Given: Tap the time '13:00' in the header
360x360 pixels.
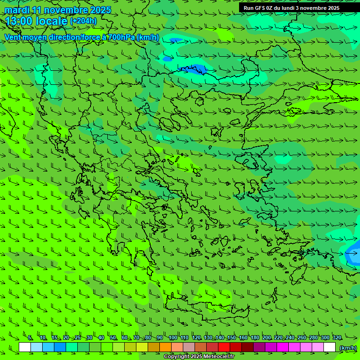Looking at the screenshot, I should point(19,21).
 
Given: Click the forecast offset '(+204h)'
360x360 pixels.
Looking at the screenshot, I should point(83,21).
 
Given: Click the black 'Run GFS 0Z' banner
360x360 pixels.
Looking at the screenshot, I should point(291,8).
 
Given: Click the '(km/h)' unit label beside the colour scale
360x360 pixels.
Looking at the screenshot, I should point(348,348).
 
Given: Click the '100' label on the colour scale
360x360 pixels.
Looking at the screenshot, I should point(173,338).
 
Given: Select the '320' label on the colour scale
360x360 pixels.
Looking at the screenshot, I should point(337,338).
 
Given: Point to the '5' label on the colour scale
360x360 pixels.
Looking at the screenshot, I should point(30,338).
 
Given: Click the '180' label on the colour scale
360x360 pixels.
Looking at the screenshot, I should point(255,338).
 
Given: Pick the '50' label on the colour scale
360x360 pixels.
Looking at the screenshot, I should point(113,338).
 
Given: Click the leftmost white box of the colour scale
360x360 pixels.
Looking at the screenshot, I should point(25,347).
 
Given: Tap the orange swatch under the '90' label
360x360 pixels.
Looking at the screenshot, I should point(165,347).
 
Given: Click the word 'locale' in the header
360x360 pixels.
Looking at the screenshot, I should point(52,21).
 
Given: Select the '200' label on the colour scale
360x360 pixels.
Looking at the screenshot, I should point(267,338).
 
